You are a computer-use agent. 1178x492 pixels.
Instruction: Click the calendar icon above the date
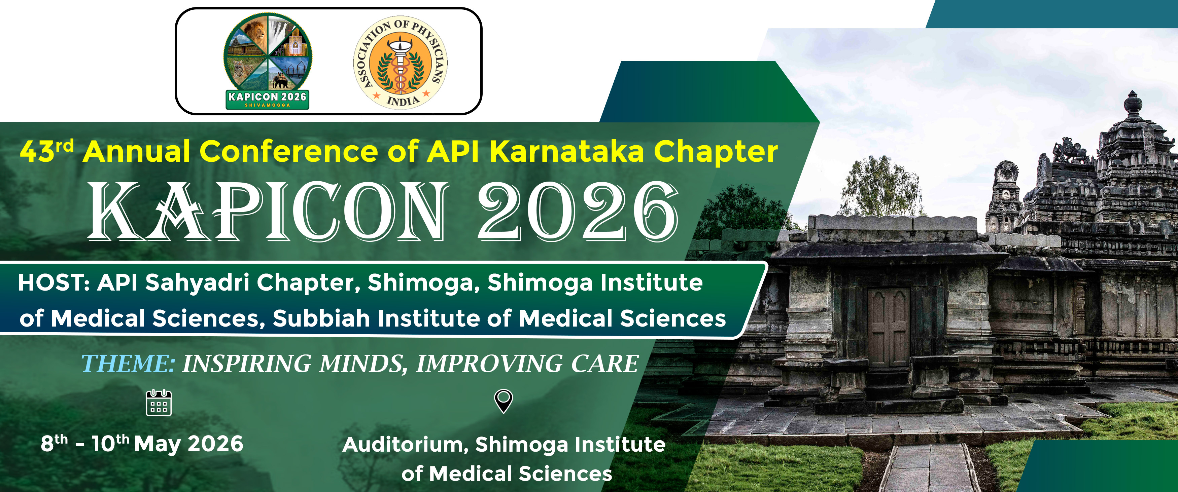click(x=159, y=403)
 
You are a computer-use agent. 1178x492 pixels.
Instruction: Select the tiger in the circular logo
click(x=242, y=71)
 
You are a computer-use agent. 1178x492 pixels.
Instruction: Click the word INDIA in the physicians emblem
click(x=403, y=100)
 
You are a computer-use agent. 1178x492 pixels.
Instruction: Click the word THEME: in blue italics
click(x=128, y=364)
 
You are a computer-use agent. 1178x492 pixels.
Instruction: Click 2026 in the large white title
click(x=578, y=211)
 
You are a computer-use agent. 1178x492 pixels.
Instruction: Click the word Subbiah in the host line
click(x=321, y=318)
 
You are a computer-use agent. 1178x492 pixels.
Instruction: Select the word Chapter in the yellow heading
click(x=716, y=152)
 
